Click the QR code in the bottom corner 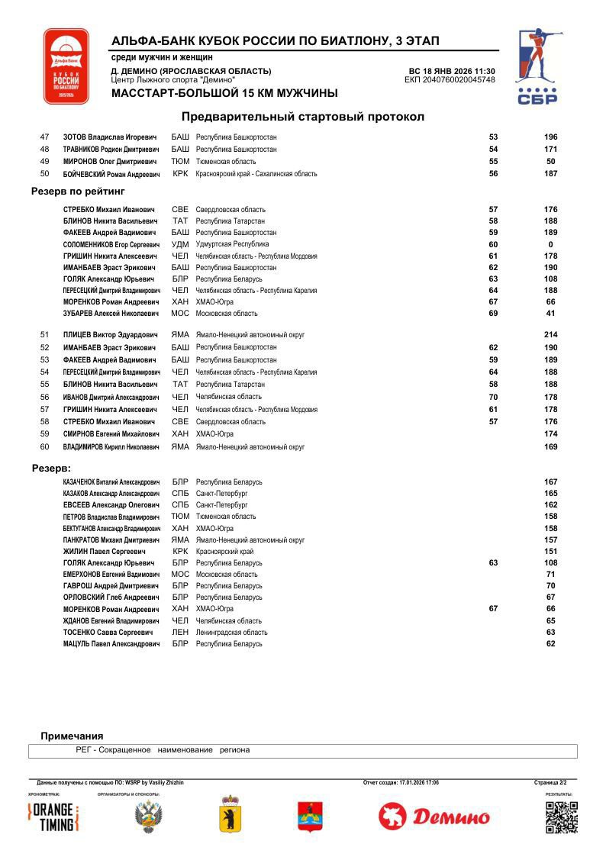pos(562,817)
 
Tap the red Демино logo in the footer pos(434,817)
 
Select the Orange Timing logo pos(53,817)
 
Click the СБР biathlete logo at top pos(537,67)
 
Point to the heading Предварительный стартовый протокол pos(302,117)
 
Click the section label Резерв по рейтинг pos(78,192)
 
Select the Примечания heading pos(72,736)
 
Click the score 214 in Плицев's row pos(550,335)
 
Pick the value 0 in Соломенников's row pos(550,244)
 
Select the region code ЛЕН pos(180,633)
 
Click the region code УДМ pos(180,244)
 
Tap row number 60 pos(44,446)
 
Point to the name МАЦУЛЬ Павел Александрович pos(111,644)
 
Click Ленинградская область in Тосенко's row pos(231,633)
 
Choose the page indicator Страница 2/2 pos(550,782)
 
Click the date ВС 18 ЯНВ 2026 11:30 pos(452,71)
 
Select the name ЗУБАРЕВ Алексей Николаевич pos(111,314)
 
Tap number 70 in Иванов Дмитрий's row pos(493,397)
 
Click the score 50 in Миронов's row pos(550,162)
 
